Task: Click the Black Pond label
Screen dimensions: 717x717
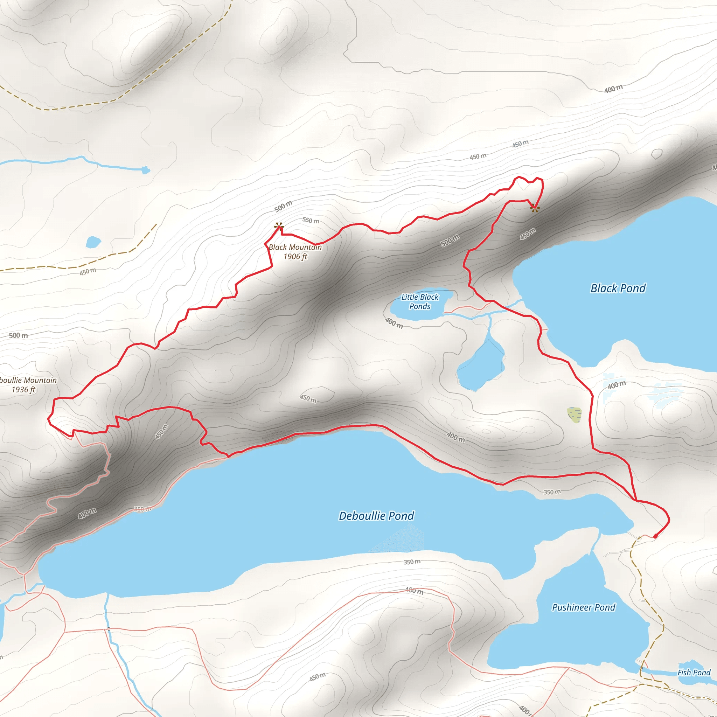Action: (618, 288)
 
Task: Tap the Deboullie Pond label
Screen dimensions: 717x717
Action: (376, 516)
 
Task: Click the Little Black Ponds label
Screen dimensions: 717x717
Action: (420, 301)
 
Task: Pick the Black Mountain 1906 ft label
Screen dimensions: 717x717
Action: (295, 252)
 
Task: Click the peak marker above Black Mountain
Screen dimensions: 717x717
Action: (279, 226)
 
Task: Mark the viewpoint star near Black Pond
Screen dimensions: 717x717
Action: (534, 208)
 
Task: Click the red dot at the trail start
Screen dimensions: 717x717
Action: (655, 536)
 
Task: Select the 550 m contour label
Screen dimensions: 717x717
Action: (311, 221)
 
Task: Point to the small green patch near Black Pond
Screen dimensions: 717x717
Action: (574, 415)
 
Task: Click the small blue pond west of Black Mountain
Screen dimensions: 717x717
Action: (93, 242)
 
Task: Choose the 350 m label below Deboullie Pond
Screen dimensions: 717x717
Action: (412, 562)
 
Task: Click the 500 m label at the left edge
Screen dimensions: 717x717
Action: (18, 335)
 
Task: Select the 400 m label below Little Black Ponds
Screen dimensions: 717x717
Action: (394, 323)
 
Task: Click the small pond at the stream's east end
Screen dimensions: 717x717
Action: (146, 170)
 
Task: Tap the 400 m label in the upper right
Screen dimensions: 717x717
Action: (613, 89)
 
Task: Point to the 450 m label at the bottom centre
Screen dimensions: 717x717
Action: (317, 676)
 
